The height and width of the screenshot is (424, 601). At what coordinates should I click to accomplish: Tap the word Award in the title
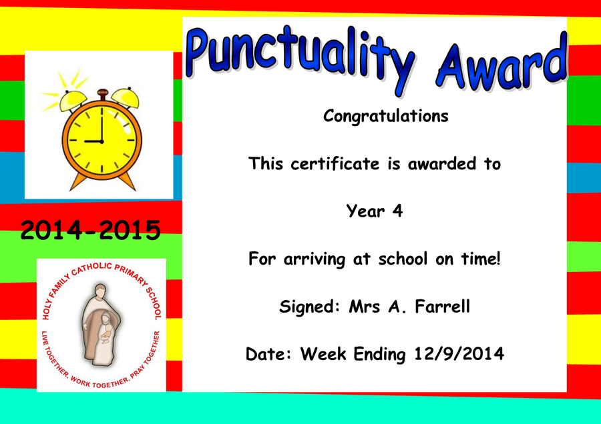(502, 63)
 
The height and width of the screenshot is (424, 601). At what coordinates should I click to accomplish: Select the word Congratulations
(385, 116)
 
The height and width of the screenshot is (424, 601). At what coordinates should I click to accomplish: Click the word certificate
(335, 164)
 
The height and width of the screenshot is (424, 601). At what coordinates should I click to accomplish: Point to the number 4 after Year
(397, 211)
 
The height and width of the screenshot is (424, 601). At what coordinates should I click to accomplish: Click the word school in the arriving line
(403, 259)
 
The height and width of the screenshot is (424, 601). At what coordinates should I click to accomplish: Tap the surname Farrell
(442, 306)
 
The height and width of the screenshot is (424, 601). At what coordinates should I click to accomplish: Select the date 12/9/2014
(459, 353)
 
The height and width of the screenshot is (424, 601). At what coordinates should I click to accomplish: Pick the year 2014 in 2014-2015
(51, 230)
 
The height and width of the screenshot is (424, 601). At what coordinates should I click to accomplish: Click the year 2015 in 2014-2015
(130, 230)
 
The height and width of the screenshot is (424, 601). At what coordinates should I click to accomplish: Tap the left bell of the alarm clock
(73, 100)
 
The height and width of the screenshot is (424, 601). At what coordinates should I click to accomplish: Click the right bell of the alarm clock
(126, 97)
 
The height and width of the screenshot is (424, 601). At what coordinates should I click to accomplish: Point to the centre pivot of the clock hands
(102, 141)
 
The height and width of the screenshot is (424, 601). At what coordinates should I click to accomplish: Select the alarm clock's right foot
(127, 181)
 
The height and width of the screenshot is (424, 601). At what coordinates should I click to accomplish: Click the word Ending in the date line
(379, 355)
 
